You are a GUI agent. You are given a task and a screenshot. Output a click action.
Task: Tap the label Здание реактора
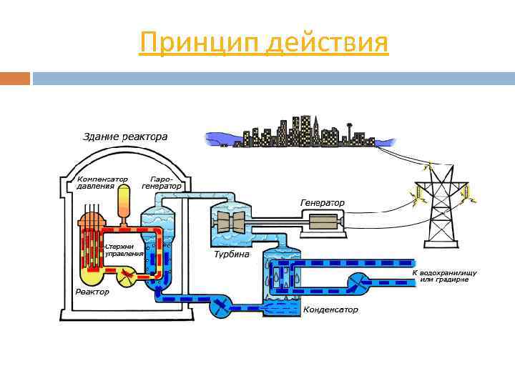point(125,136)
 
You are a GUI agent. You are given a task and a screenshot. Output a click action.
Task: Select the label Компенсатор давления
point(102,182)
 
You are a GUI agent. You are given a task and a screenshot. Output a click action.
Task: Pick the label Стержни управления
point(126,250)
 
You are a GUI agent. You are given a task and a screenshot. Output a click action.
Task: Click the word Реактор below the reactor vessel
point(92,292)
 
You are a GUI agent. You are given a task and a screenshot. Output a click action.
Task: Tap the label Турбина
point(231,254)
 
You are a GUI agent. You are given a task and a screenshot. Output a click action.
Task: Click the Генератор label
point(322,203)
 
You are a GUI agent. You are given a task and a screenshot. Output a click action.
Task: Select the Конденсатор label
point(330,310)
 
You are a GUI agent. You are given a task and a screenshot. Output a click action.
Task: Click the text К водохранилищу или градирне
point(444,276)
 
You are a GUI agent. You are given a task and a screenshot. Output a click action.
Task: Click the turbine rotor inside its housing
point(232,222)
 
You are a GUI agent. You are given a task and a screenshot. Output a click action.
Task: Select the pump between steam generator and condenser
point(220,307)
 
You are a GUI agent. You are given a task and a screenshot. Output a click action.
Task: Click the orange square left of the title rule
point(15,78)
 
